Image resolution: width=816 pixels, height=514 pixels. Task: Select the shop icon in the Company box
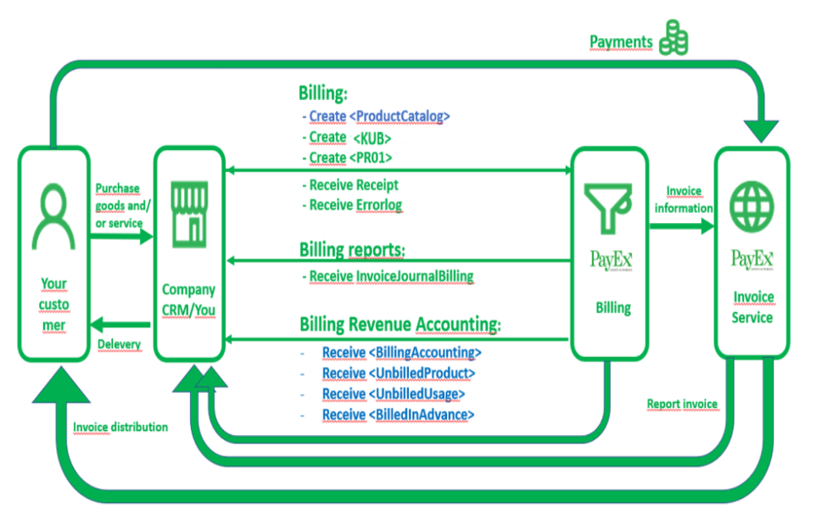[x=188, y=211]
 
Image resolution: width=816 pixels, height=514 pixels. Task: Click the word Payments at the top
[x=622, y=42]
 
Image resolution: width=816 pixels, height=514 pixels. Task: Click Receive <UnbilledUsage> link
[x=394, y=394]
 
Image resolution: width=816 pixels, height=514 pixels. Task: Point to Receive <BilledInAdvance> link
[x=398, y=414]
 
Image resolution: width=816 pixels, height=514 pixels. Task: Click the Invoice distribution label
[x=120, y=427]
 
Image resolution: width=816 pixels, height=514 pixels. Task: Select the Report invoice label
[x=682, y=404]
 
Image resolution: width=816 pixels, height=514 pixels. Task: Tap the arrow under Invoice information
[x=681, y=226]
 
